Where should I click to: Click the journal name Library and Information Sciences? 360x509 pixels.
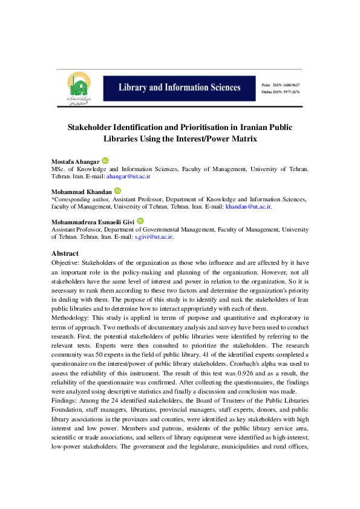179,88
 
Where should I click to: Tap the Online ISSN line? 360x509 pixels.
281,92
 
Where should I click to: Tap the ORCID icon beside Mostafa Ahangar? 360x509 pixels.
105,160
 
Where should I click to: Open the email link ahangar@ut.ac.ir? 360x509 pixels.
128,177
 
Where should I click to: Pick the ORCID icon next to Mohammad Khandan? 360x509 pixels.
117,190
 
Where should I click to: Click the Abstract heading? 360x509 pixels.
65,253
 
